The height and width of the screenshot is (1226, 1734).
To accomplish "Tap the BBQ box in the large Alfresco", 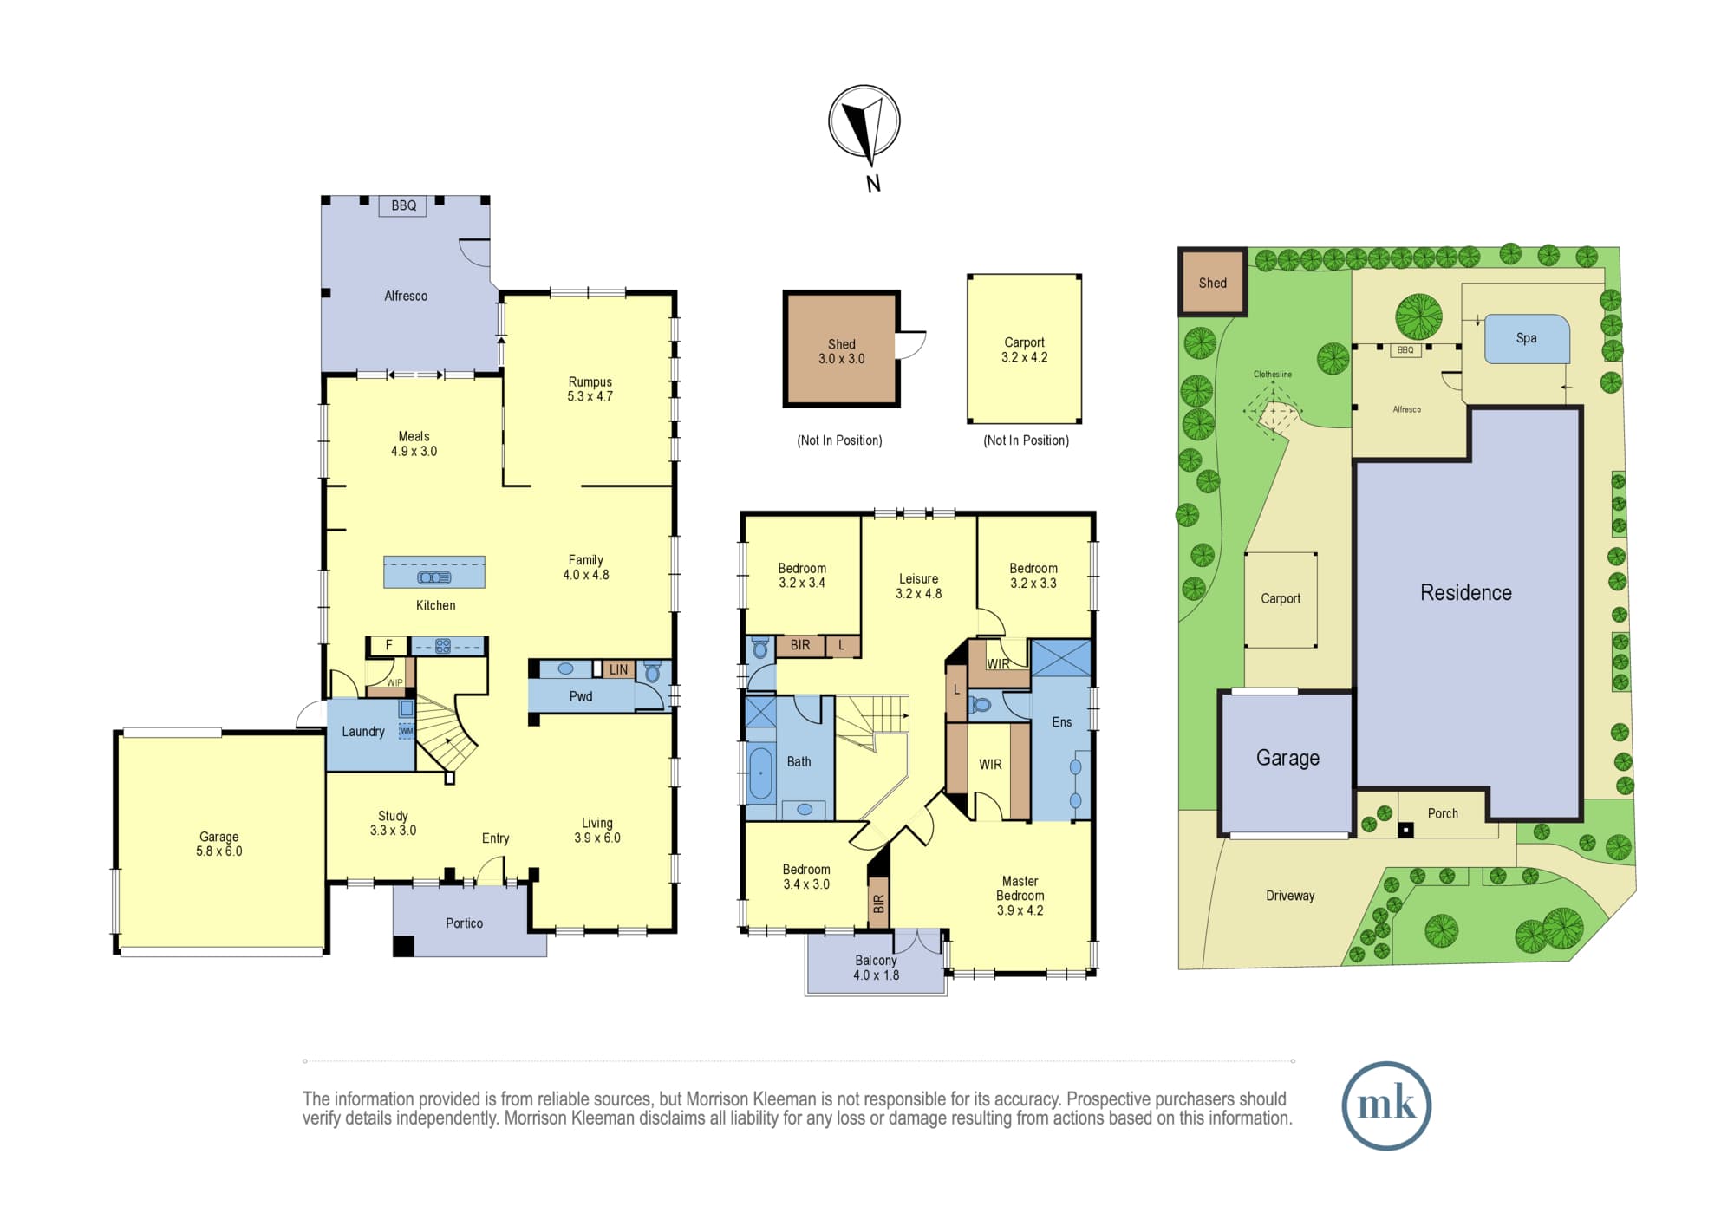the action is coord(403,205).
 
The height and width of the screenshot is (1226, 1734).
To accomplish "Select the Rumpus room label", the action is coord(590,388).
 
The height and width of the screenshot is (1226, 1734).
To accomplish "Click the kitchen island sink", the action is coord(434,577).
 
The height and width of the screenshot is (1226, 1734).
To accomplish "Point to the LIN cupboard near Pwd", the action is coord(618,669).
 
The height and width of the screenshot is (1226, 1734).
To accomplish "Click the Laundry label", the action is coord(362,732).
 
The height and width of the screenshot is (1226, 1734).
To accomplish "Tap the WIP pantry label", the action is coord(394,683).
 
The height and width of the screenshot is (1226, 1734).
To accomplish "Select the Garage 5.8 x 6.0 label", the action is coord(218,844).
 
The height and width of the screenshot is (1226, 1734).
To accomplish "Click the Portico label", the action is coord(464,923).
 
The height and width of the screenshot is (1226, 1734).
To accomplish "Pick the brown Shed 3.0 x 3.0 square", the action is coord(841,349).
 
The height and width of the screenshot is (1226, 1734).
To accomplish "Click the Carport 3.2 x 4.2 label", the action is coord(1024,349).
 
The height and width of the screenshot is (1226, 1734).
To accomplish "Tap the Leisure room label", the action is coord(918,586).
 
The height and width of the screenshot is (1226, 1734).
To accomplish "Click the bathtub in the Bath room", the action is coord(759,773).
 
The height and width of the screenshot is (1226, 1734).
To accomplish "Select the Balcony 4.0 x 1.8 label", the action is coord(876,968).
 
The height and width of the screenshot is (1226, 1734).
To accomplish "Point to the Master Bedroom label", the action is coord(1020,896).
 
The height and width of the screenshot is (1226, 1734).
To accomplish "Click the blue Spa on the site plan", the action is coord(1527,338).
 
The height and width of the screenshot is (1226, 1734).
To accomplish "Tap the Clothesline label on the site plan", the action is coord(1272,375).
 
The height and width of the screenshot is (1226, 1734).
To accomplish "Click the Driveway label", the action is coord(1290,896).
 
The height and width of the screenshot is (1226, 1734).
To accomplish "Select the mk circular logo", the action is coord(1386,1105).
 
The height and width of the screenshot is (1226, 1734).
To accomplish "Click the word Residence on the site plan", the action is coord(1465,592).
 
